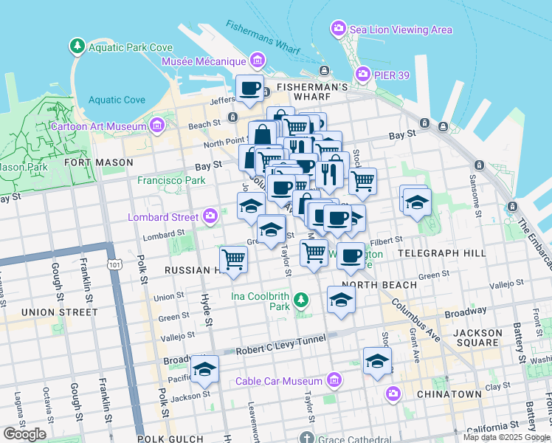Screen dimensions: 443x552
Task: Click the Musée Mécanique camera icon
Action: tap(257, 60)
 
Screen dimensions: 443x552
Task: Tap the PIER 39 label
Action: tap(383, 74)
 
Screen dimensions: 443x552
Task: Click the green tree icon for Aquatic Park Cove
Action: tap(77, 47)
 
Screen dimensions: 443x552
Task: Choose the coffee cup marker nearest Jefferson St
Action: tap(249, 88)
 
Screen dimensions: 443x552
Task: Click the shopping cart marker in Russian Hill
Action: tap(233, 259)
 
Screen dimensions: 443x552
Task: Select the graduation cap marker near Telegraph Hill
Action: tap(416, 200)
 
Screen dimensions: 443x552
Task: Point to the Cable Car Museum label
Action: tap(279, 381)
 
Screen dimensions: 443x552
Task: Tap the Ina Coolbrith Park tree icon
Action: tap(300, 299)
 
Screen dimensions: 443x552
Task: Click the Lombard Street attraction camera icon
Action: tap(211, 216)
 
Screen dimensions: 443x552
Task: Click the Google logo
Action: tap(24, 434)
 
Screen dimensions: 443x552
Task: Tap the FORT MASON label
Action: tap(98, 162)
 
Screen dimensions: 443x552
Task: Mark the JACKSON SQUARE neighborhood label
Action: tap(477, 338)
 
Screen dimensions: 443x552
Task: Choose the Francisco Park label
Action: tap(171, 180)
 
